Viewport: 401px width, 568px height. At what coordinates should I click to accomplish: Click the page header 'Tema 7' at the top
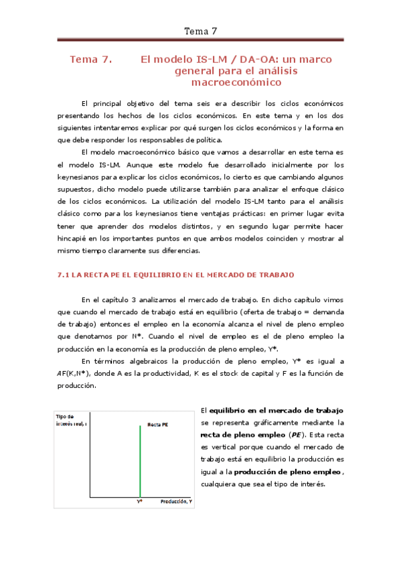click(x=200, y=31)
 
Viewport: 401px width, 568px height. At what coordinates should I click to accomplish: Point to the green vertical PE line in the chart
click(x=140, y=462)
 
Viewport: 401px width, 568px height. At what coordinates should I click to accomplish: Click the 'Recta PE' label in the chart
click(x=157, y=424)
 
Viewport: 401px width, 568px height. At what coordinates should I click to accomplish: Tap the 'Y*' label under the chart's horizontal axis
click(x=140, y=501)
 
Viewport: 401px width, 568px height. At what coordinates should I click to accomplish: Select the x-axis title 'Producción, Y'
click(x=176, y=501)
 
